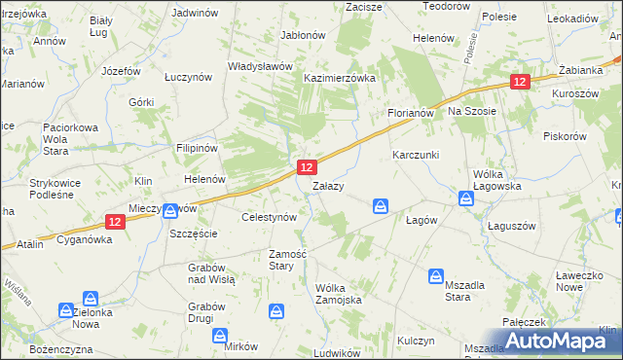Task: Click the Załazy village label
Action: point(325,186)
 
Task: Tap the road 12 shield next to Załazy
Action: point(306,168)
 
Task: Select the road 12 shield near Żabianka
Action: point(521,83)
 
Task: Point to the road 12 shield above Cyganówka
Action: point(115,222)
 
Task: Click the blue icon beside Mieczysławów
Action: point(170,209)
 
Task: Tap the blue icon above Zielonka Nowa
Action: point(91,298)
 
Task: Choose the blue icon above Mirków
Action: point(220,335)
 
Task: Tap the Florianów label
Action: point(410,113)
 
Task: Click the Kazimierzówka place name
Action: point(340,78)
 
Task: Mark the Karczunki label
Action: point(416,156)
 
